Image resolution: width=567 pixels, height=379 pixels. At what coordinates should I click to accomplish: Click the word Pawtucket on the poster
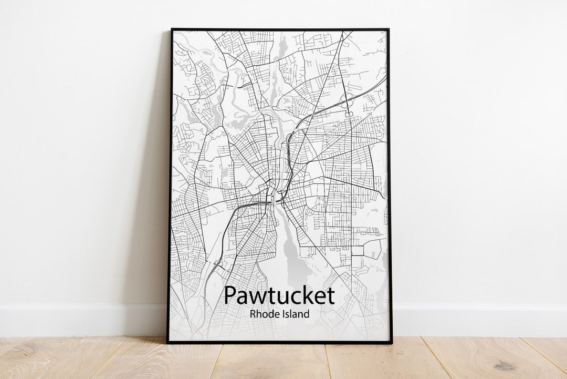point(279,296)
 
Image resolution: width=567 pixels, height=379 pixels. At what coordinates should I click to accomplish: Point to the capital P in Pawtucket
point(229,295)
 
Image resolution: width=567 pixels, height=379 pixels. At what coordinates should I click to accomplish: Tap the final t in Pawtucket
point(331,296)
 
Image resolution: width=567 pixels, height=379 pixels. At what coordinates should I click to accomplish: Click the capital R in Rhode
point(253,314)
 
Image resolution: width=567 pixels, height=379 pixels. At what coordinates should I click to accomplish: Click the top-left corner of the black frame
point(171,29)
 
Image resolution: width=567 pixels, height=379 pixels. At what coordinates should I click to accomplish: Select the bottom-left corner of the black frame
point(168,342)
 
